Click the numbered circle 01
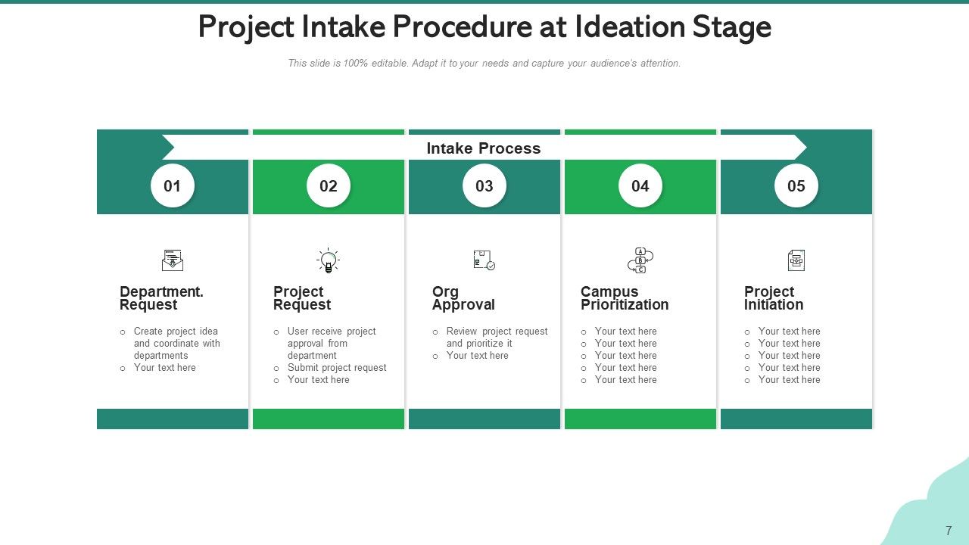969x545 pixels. [x=173, y=186]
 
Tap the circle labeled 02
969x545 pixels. [x=329, y=186]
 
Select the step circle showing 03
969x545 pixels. [x=484, y=186]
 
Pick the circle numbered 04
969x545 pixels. [x=640, y=186]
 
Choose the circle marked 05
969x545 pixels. [x=796, y=186]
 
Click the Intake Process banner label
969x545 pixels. [x=484, y=148]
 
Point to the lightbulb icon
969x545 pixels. [x=328, y=260]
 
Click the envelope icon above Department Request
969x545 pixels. [x=173, y=260]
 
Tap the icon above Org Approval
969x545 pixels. [x=484, y=260]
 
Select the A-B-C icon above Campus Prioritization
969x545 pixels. [x=640, y=260]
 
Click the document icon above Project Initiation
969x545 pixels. [x=796, y=260]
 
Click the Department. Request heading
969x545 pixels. [x=161, y=298]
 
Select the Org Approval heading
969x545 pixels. [x=463, y=298]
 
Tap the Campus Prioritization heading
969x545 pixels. [x=625, y=298]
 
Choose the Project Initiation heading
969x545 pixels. [x=774, y=298]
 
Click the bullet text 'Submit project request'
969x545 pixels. [x=337, y=368]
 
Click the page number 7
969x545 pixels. [x=949, y=531]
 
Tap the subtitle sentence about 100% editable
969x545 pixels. [x=484, y=64]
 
